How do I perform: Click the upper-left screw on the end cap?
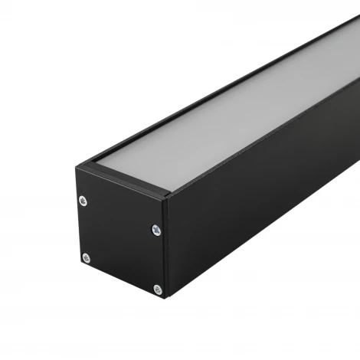83,201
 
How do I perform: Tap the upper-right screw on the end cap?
156,229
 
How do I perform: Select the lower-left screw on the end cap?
86,258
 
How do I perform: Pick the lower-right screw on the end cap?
158,290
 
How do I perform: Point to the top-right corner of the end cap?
166,198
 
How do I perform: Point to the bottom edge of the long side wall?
268,253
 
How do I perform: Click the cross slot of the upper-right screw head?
156,229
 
